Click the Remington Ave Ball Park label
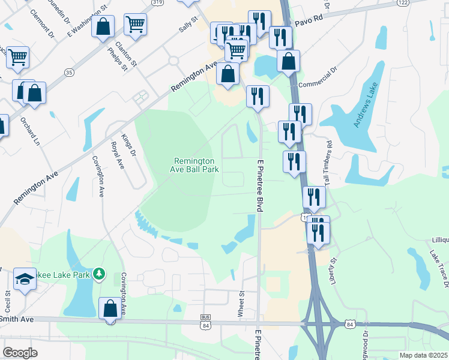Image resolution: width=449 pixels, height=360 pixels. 194,165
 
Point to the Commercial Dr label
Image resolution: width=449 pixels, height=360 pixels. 318,77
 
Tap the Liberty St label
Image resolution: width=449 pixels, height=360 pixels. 334,271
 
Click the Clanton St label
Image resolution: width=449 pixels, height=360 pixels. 128,53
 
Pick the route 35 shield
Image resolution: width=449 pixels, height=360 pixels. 68,72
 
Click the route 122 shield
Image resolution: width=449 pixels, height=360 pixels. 403,3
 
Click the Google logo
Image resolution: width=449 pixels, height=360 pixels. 20,353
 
